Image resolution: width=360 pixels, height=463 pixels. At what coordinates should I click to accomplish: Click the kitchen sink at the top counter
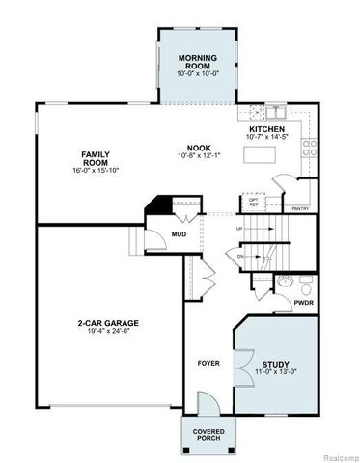click(259, 108)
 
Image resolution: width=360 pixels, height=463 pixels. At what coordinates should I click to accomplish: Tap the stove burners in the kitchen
click(310, 147)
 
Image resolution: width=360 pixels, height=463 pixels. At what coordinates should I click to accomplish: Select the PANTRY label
click(300, 207)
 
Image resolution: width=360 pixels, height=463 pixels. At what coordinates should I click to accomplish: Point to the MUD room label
click(178, 234)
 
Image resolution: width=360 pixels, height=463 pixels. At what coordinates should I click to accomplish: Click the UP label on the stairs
click(240, 230)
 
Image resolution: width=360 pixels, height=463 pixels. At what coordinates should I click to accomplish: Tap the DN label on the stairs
click(240, 258)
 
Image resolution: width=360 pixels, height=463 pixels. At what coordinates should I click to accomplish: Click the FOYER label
click(208, 364)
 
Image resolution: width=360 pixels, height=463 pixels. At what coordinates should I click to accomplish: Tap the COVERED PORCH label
click(208, 434)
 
